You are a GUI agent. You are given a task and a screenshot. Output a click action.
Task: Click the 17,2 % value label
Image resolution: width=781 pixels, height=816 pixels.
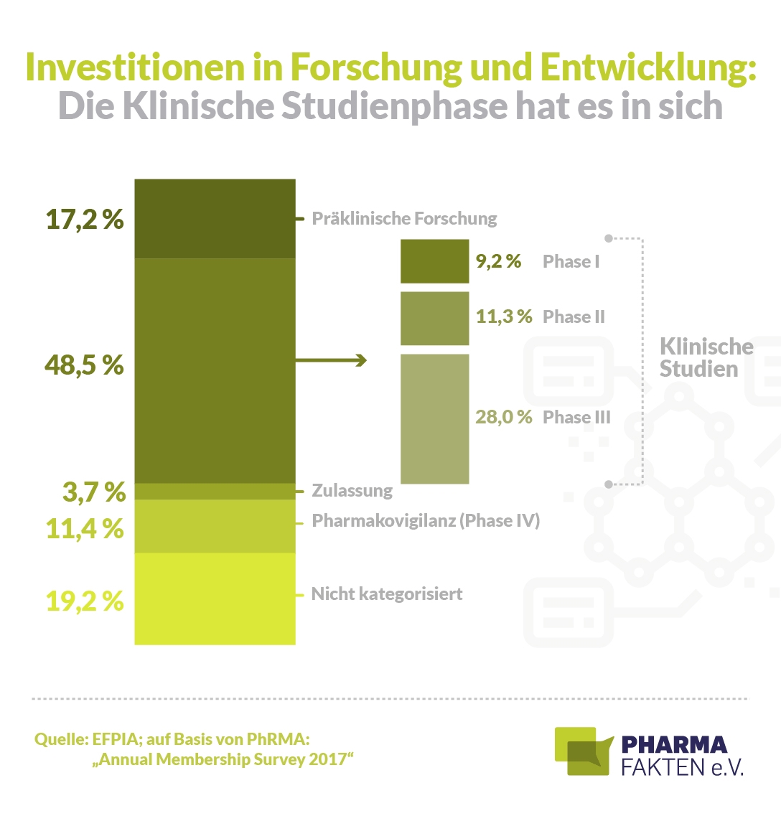[x=85, y=219]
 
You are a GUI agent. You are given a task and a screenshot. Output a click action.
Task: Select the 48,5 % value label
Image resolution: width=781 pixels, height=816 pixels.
[x=85, y=365]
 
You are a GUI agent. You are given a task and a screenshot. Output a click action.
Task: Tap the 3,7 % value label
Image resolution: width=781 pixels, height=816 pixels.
[x=94, y=492]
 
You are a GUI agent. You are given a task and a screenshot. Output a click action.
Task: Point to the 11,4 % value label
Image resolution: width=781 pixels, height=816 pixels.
[x=85, y=528]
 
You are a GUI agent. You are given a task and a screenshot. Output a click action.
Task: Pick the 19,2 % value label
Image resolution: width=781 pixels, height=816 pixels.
[x=85, y=601]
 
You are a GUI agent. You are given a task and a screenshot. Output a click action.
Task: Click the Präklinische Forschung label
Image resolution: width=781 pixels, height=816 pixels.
[x=404, y=218]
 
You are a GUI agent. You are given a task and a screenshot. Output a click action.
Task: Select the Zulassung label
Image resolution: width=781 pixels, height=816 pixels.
[x=352, y=491]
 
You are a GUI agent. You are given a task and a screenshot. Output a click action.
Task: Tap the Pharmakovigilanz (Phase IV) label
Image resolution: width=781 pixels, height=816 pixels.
[x=425, y=520]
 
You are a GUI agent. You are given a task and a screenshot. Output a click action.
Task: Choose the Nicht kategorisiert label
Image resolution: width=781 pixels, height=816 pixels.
[x=387, y=594]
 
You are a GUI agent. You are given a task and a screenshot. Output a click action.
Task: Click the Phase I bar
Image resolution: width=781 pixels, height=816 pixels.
[x=434, y=261]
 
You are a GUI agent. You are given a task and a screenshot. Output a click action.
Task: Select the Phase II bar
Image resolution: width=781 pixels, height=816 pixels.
[x=434, y=318]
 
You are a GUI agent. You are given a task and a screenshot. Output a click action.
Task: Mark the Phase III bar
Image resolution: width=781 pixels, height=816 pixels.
[x=434, y=418]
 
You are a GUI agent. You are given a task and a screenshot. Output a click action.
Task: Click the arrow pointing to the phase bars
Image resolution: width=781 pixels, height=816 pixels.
[x=331, y=360]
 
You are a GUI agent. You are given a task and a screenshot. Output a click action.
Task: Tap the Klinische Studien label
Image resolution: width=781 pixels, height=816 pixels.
[x=706, y=357]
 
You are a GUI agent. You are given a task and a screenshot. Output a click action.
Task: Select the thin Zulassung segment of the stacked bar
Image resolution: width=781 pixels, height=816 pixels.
[x=215, y=491]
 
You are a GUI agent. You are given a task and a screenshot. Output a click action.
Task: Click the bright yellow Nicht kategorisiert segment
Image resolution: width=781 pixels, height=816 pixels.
[x=215, y=599]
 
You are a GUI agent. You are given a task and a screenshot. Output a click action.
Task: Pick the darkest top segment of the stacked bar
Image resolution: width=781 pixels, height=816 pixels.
[x=215, y=218]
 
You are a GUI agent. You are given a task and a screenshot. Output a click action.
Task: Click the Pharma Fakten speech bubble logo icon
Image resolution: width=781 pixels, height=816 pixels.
[x=584, y=751]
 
